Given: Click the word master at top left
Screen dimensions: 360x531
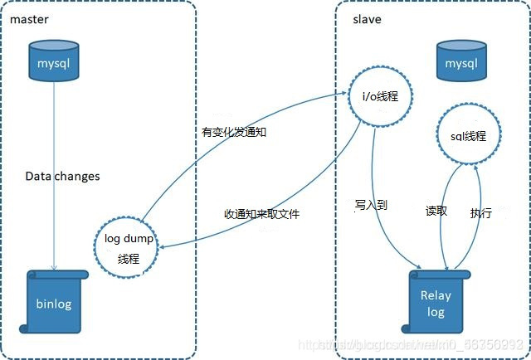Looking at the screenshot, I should click(30, 18).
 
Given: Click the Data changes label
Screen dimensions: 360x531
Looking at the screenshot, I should click(62, 176).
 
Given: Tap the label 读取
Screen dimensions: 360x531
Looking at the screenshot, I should click(436, 211).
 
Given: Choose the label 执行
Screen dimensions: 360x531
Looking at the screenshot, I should click(481, 212).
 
